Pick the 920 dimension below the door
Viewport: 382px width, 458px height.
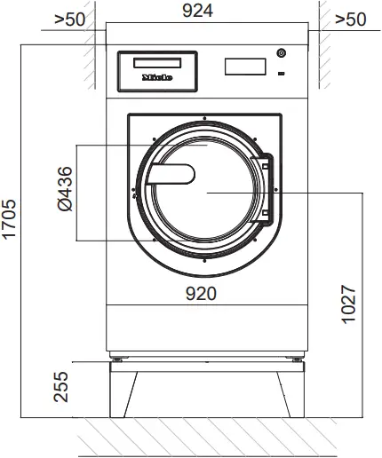203,292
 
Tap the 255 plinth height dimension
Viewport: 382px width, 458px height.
61,387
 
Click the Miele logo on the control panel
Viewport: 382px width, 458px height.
156,77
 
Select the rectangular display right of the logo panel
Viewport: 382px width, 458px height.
246,67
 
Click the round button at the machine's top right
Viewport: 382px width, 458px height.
281,52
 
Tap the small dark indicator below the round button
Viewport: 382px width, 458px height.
281,74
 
